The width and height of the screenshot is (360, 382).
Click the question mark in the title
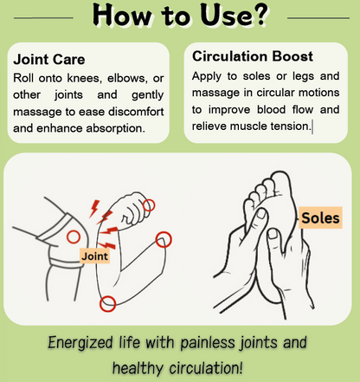pyautogui.click(x=258, y=15)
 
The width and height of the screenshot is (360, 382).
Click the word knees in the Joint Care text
pyautogui.click(x=85, y=78)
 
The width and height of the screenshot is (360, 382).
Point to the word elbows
pyautogui.click(x=128, y=78)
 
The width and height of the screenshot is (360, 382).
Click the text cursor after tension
pyautogui.click(x=312, y=127)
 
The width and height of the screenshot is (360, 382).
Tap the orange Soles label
pyautogui.click(x=320, y=218)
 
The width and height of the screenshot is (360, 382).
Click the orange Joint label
pyautogui.click(x=95, y=256)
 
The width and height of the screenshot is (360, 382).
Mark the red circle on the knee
pyautogui.click(x=74, y=237)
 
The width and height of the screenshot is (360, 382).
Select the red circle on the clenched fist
pyautogui.click(x=149, y=205)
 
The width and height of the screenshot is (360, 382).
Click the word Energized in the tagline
pyautogui.click(x=80, y=343)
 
